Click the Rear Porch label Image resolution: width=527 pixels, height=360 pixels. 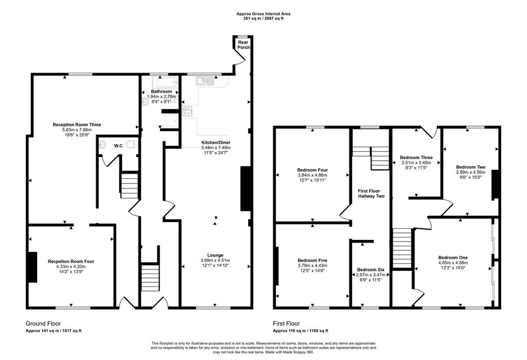tap(243, 45)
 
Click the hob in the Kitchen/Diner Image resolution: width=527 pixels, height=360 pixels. tap(187, 111)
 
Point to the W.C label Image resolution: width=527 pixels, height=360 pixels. tap(118, 146)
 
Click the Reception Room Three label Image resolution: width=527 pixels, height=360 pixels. tap(77, 125)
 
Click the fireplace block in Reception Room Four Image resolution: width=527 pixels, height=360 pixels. tap(32, 267)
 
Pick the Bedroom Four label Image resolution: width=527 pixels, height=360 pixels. tap(312, 170)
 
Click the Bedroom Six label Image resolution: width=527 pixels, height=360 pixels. tap(371, 270)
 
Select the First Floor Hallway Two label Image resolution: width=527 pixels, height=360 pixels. tap(371, 193)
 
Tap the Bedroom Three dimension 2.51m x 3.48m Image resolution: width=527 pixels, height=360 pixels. tap(416, 163)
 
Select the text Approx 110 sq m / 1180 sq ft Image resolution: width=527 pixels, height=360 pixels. tap(300, 331)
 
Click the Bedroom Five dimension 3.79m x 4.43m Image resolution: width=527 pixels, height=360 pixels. tap(312, 266)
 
